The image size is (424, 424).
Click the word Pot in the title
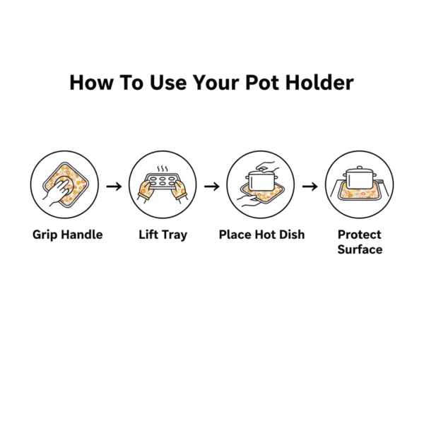pyautogui.click(x=262, y=82)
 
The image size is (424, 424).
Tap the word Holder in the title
pyautogui.click(x=319, y=82)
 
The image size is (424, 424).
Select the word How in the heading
pyautogui.click(x=91, y=82)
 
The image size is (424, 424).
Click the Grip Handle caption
pyautogui.click(x=68, y=235)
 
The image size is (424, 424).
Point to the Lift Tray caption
pyautogui.click(x=163, y=235)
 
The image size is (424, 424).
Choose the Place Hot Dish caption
pyautogui.click(x=261, y=235)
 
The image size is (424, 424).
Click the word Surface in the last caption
pyautogui.click(x=360, y=249)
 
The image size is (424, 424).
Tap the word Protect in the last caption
pyautogui.click(x=360, y=235)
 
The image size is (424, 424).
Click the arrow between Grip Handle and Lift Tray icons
pyautogui.click(x=114, y=187)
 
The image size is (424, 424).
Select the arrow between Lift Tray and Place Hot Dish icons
pyautogui.click(x=212, y=187)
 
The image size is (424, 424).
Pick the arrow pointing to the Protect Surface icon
pyautogui.click(x=310, y=187)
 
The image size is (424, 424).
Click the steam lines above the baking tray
pyautogui.click(x=163, y=169)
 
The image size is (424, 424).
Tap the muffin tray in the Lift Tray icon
pyautogui.click(x=162, y=181)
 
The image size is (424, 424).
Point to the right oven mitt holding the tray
pyautogui.click(x=179, y=191)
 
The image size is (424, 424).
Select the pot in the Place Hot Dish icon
pyautogui.click(x=261, y=180)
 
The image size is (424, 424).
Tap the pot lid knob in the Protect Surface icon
pyautogui.click(x=360, y=167)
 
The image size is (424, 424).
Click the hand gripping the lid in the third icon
pyautogui.click(x=266, y=166)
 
